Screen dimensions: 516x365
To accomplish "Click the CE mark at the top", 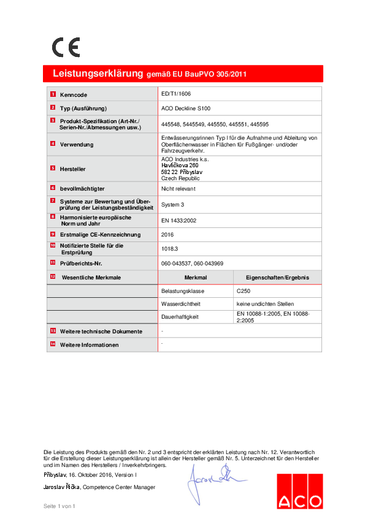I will click(66, 48).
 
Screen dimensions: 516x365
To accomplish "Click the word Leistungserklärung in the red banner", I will click(98, 74).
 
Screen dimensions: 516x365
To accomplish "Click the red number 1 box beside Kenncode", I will click(53, 95).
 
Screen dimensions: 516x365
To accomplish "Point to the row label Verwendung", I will click(77, 145).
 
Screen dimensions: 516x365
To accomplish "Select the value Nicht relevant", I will click(178, 189).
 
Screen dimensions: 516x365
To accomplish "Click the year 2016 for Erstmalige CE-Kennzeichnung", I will click(167, 235).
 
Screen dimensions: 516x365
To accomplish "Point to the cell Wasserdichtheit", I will click(182, 304).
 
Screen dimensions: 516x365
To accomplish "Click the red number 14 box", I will click(53, 344).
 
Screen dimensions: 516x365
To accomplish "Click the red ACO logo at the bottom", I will click(299, 491).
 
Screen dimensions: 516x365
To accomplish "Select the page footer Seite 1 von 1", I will click(59, 506).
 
